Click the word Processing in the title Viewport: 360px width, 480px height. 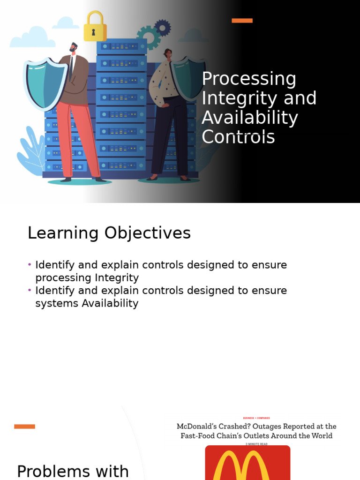point(249,79)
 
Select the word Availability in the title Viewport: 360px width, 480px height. point(250,118)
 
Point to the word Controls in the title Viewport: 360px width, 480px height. point(238,137)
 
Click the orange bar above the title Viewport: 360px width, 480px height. point(242,21)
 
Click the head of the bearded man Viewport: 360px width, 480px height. point(73,47)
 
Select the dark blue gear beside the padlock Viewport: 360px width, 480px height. point(162,28)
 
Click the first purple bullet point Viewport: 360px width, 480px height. point(30,265)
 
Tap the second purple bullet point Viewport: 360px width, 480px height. point(30,290)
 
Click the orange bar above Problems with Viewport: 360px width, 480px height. point(24,427)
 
